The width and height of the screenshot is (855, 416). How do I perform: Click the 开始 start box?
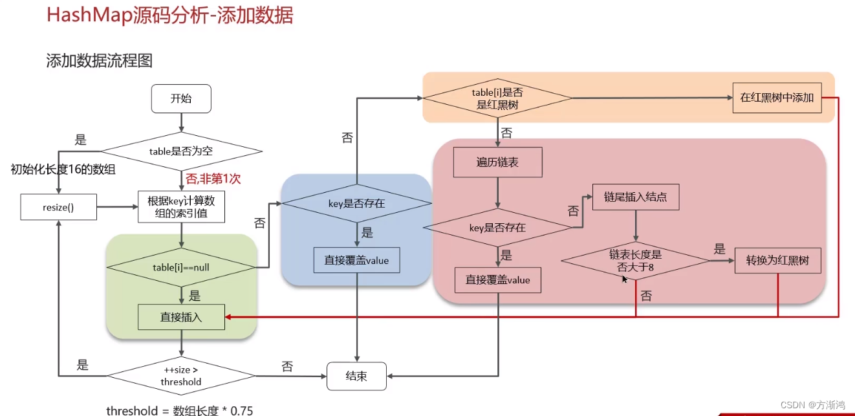181,99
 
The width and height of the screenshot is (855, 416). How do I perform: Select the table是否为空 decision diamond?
182,152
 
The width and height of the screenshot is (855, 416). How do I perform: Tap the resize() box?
59,208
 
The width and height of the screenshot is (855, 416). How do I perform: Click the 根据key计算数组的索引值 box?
181,207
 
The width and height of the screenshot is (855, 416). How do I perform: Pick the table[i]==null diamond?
181,267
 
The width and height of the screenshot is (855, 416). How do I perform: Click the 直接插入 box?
181,317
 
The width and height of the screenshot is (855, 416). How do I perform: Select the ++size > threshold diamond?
181,376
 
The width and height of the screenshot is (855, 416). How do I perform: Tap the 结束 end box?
356,376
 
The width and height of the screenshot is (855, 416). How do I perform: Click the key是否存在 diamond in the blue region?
356,203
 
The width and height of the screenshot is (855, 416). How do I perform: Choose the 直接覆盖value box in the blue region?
356,260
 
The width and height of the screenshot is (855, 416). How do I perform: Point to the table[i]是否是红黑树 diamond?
497,98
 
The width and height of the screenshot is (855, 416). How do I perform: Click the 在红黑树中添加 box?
777,98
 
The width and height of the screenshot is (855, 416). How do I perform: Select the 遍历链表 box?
497,162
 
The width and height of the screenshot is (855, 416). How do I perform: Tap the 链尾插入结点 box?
636,197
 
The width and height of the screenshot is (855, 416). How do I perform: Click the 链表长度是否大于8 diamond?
636,261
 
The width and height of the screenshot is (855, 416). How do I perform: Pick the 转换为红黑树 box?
778,261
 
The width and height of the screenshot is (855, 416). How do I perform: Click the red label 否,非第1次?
213,179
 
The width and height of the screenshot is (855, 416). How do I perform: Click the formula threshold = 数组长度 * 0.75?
179,410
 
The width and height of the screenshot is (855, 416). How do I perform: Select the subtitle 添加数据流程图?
99,61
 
